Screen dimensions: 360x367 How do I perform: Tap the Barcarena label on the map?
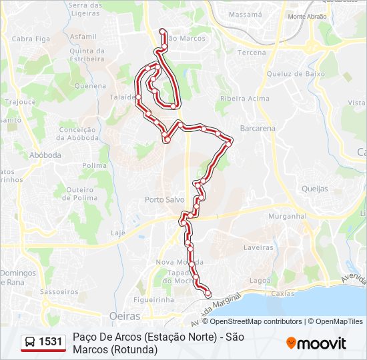tap(257, 127)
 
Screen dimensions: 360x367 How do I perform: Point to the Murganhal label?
tap(286, 217)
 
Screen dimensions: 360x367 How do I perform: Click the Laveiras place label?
tap(258, 247)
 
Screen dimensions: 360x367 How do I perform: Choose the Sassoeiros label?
tap(59, 292)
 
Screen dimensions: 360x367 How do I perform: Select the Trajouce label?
tap(21, 103)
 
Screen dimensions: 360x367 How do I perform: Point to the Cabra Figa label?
tap(31, 39)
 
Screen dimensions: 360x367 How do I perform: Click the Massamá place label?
tap(245, 13)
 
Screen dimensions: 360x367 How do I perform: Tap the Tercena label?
tap(252, 52)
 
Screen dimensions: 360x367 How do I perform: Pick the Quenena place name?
tap(91, 86)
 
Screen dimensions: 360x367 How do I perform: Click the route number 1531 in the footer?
tap(51, 342)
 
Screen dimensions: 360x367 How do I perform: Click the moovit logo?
tap(316, 343)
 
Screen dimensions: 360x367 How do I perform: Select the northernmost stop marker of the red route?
tap(162, 31)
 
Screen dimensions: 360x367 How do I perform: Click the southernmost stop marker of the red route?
tap(208, 294)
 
